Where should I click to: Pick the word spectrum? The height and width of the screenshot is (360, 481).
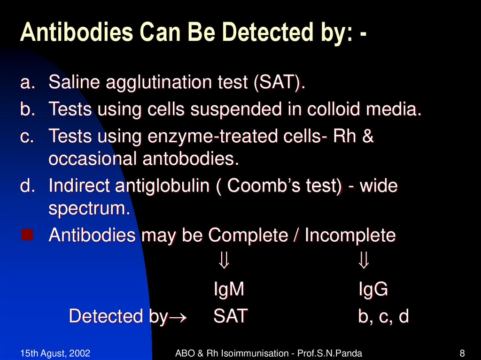89,209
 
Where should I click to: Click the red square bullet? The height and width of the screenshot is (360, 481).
27,235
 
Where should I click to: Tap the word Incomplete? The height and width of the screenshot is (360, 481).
350,236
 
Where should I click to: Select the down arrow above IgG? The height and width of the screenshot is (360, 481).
364,260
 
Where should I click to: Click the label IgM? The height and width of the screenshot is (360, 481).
229,290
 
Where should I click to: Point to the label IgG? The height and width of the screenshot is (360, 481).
373,290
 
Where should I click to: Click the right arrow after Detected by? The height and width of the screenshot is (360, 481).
178,318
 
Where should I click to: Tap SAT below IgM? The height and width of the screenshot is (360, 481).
230,316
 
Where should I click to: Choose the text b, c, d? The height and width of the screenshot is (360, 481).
383,317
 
